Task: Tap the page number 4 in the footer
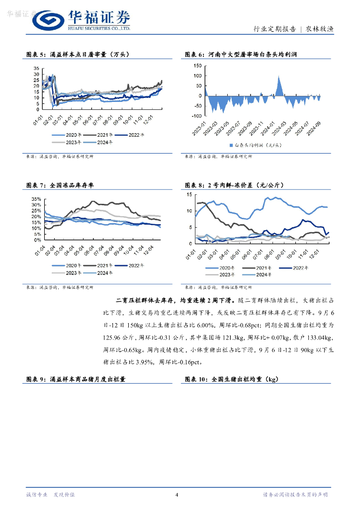click(x=177, y=495)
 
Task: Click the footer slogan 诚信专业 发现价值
click(x=50, y=495)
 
